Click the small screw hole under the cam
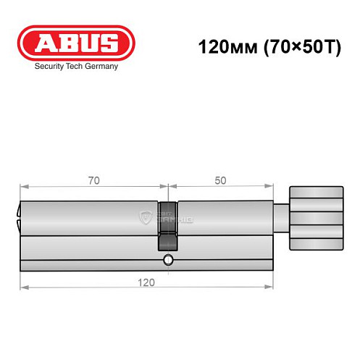point(168,261)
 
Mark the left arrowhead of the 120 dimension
point(22,287)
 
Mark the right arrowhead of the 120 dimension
point(276,287)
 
